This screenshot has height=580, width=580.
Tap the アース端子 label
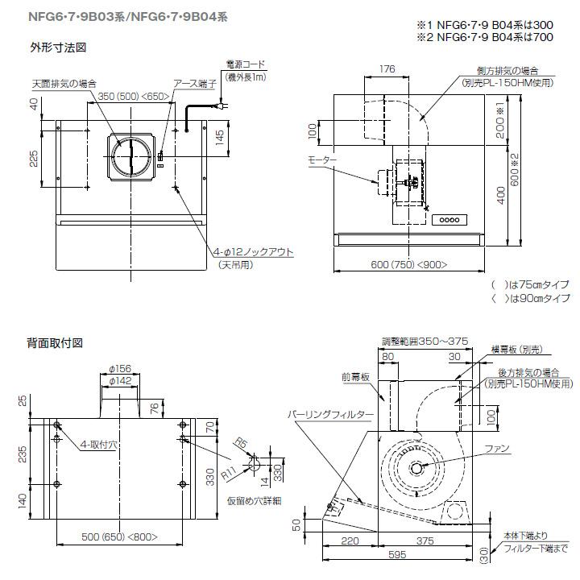[193, 83]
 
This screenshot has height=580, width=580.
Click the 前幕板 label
[354, 376]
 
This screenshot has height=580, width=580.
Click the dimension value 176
[387, 70]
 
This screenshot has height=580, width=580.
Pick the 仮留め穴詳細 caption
[253, 499]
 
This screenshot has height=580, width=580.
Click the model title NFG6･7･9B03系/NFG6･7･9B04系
[121, 16]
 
